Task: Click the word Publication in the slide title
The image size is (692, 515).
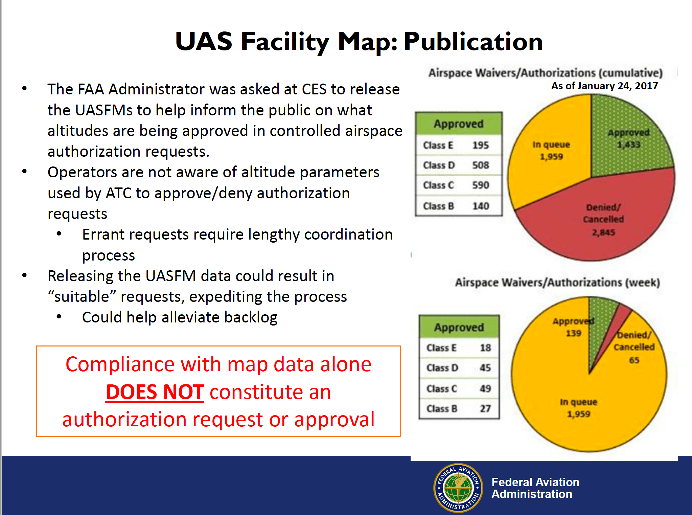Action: coord(473,42)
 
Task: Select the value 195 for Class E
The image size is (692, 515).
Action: coord(481,145)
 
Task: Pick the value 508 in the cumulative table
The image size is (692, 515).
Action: coord(481,165)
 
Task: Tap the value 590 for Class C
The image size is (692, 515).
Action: coord(481,185)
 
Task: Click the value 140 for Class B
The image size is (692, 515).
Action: coord(481,206)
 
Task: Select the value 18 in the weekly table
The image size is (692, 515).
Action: coord(485,348)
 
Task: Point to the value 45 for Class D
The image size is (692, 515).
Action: coord(485,367)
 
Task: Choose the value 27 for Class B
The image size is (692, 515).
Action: coord(485,408)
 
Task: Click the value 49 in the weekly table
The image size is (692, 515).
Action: coord(485,388)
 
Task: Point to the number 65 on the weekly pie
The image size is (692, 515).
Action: coord(634,360)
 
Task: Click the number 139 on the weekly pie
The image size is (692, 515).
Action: coord(574,333)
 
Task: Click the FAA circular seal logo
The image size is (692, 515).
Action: coord(458,488)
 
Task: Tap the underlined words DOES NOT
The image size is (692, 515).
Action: coord(155,392)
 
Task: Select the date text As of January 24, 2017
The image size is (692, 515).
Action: coord(605,86)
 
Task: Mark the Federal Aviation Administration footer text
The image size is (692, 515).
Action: coord(535,488)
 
